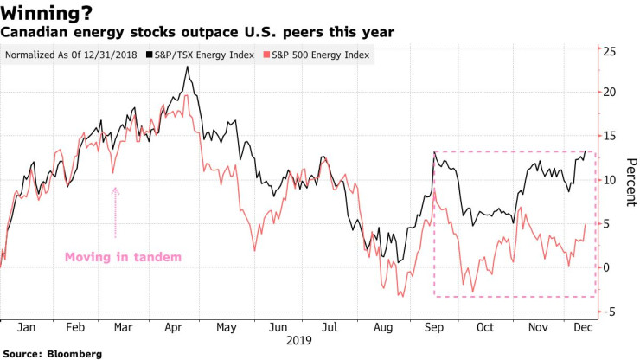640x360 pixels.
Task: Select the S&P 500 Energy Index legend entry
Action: (319, 55)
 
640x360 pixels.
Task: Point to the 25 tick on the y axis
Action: (610, 52)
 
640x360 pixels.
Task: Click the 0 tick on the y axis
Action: (608, 267)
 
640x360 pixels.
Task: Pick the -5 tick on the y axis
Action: (610, 312)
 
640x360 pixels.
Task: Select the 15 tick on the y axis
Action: (610, 137)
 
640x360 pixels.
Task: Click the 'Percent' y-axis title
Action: (630, 182)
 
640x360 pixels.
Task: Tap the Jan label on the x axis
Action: (26, 328)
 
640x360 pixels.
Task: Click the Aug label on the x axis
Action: (381, 328)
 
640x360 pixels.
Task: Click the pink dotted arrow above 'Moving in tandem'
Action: (115, 212)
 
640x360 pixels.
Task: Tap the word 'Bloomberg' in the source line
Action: (74, 353)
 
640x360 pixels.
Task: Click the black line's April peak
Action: (187, 67)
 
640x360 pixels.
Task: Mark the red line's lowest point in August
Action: (400, 296)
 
